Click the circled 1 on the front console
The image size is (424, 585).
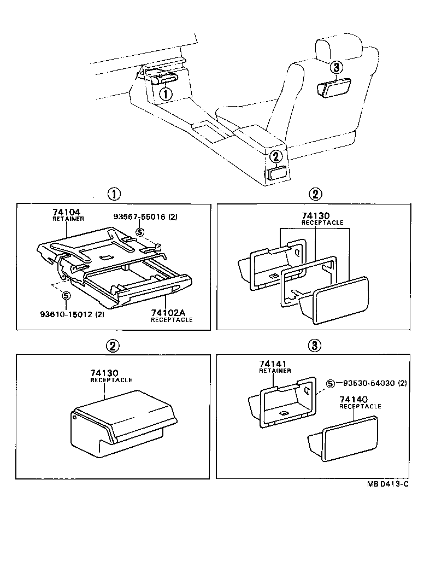(166, 93)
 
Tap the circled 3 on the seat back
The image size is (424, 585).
(337, 67)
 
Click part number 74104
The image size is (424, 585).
(64, 211)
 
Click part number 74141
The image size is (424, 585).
(270, 364)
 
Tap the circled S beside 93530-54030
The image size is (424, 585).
(331, 383)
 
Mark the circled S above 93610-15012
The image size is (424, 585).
(66, 296)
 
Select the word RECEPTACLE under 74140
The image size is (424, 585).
(360, 407)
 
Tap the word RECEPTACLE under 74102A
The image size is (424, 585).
(172, 320)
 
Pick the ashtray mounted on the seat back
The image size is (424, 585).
(337, 88)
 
